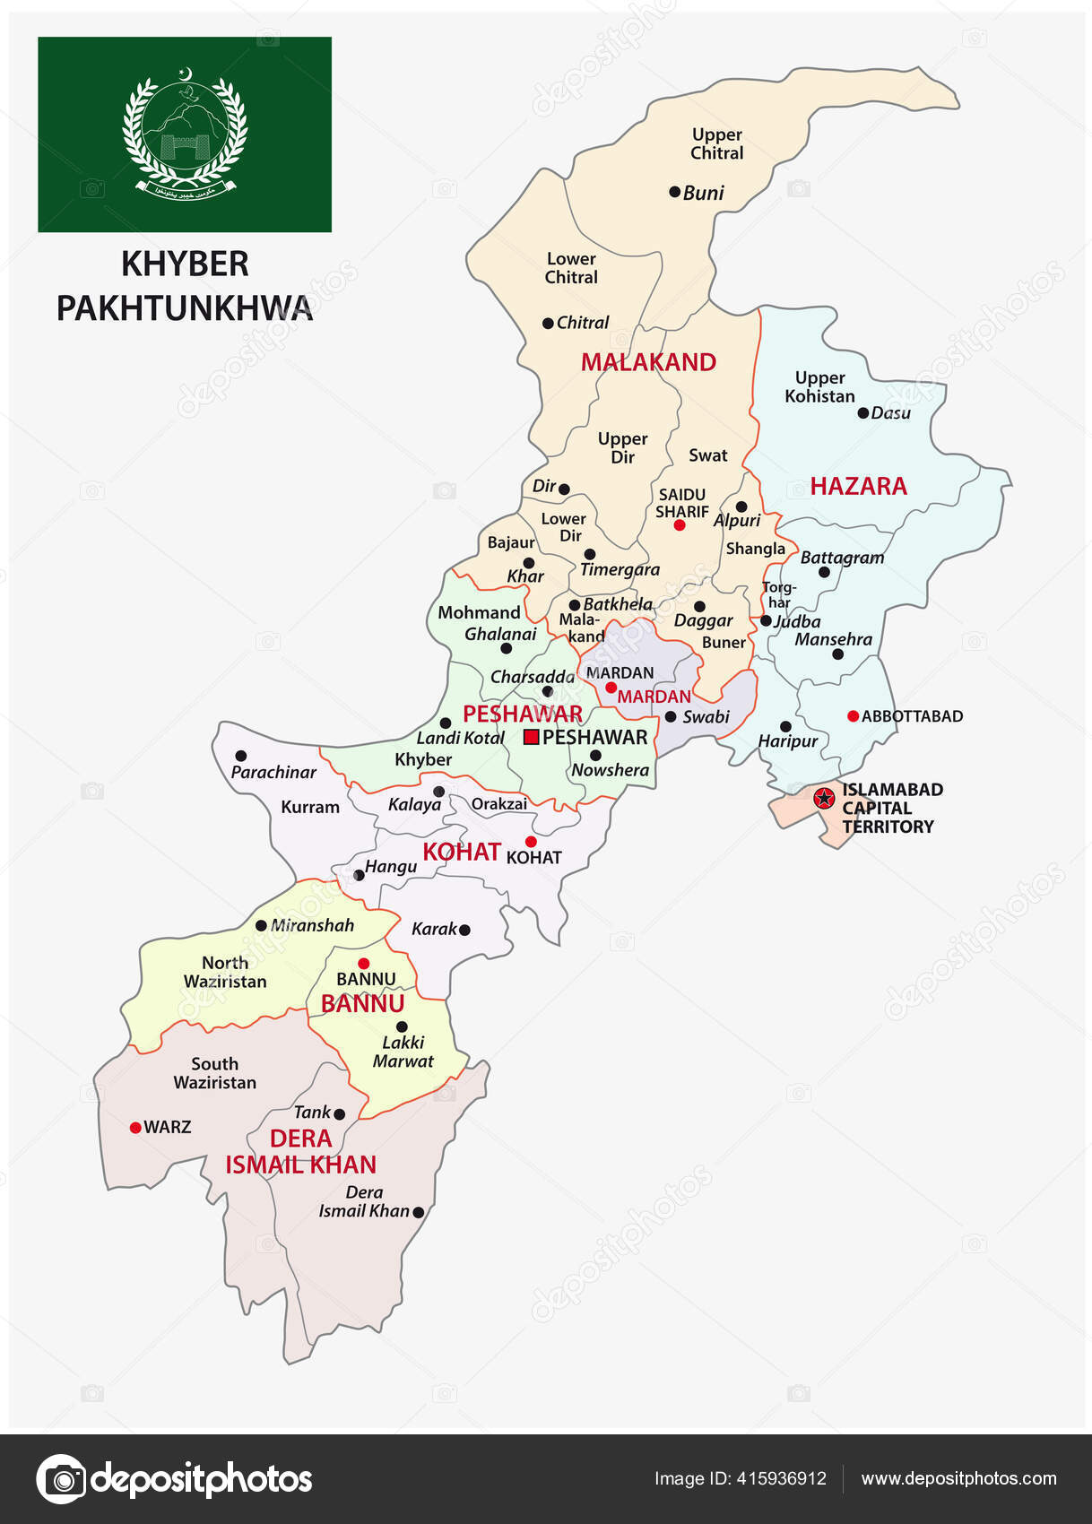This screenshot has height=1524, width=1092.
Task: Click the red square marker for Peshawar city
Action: (x=531, y=737)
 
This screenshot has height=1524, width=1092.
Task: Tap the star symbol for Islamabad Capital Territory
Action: (x=823, y=798)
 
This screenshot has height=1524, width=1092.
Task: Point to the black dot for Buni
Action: (x=675, y=192)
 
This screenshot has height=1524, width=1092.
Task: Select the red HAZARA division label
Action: (x=858, y=486)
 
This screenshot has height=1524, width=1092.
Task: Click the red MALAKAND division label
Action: (x=648, y=362)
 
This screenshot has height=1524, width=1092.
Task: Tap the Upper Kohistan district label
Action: (x=819, y=387)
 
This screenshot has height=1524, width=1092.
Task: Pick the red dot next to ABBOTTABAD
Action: (x=853, y=715)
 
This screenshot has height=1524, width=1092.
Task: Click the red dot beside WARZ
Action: (x=135, y=1127)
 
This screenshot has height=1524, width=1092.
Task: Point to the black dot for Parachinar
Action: (x=240, y=756)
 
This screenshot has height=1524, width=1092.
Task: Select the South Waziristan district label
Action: (x=214, y=1073)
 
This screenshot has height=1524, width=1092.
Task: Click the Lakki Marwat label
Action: (x=403, y=1052)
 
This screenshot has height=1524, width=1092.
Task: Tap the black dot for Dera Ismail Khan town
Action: (x=418, y=1212)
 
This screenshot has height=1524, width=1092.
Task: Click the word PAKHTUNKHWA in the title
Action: (x=185, y=308)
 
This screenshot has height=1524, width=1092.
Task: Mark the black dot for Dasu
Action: (x=862, y=413)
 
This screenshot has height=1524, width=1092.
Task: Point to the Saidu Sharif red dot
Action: (x=679, y=525)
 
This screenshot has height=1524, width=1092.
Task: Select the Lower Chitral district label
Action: (x=571, y=268)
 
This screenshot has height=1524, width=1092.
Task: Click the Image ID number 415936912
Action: (x=778, y=1478)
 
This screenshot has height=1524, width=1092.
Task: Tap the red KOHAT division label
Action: (x=461, y=852)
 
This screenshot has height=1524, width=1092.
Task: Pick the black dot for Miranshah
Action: (x=261, y=926)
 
